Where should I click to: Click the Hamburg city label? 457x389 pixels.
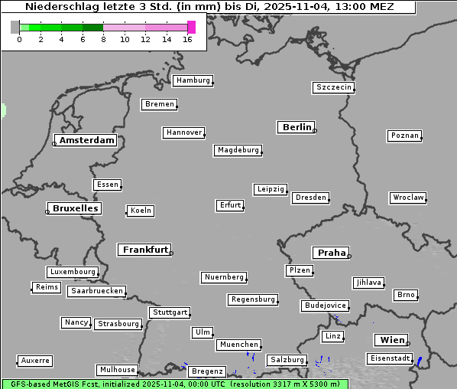click(x=193, y=80)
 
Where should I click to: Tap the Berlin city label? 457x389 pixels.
click(x=297, y=127)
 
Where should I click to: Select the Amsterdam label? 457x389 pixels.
click(x=86, y=140)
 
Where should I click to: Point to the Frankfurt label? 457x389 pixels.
click(x=145, y=250)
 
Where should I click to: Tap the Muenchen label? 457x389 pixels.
click(x=239, y=345)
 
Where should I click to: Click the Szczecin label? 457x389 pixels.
click(x=334, y=87)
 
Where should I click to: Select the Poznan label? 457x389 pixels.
click(x=404, y=136)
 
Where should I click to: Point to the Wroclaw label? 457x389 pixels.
click(x=408, y=198)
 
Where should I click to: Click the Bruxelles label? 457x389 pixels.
click(x=75, y=208)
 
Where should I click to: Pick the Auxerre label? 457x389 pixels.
click(x=35, y=360)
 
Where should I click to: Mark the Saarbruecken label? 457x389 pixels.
click(x=96, y=291)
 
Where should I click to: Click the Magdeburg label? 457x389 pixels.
click(x=238, y=150)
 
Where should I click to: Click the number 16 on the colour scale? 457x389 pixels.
click(x=188, y=39)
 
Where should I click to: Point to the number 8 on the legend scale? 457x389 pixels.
click(x=103, y=39)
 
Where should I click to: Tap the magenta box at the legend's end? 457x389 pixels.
click(x=191, y=27)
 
